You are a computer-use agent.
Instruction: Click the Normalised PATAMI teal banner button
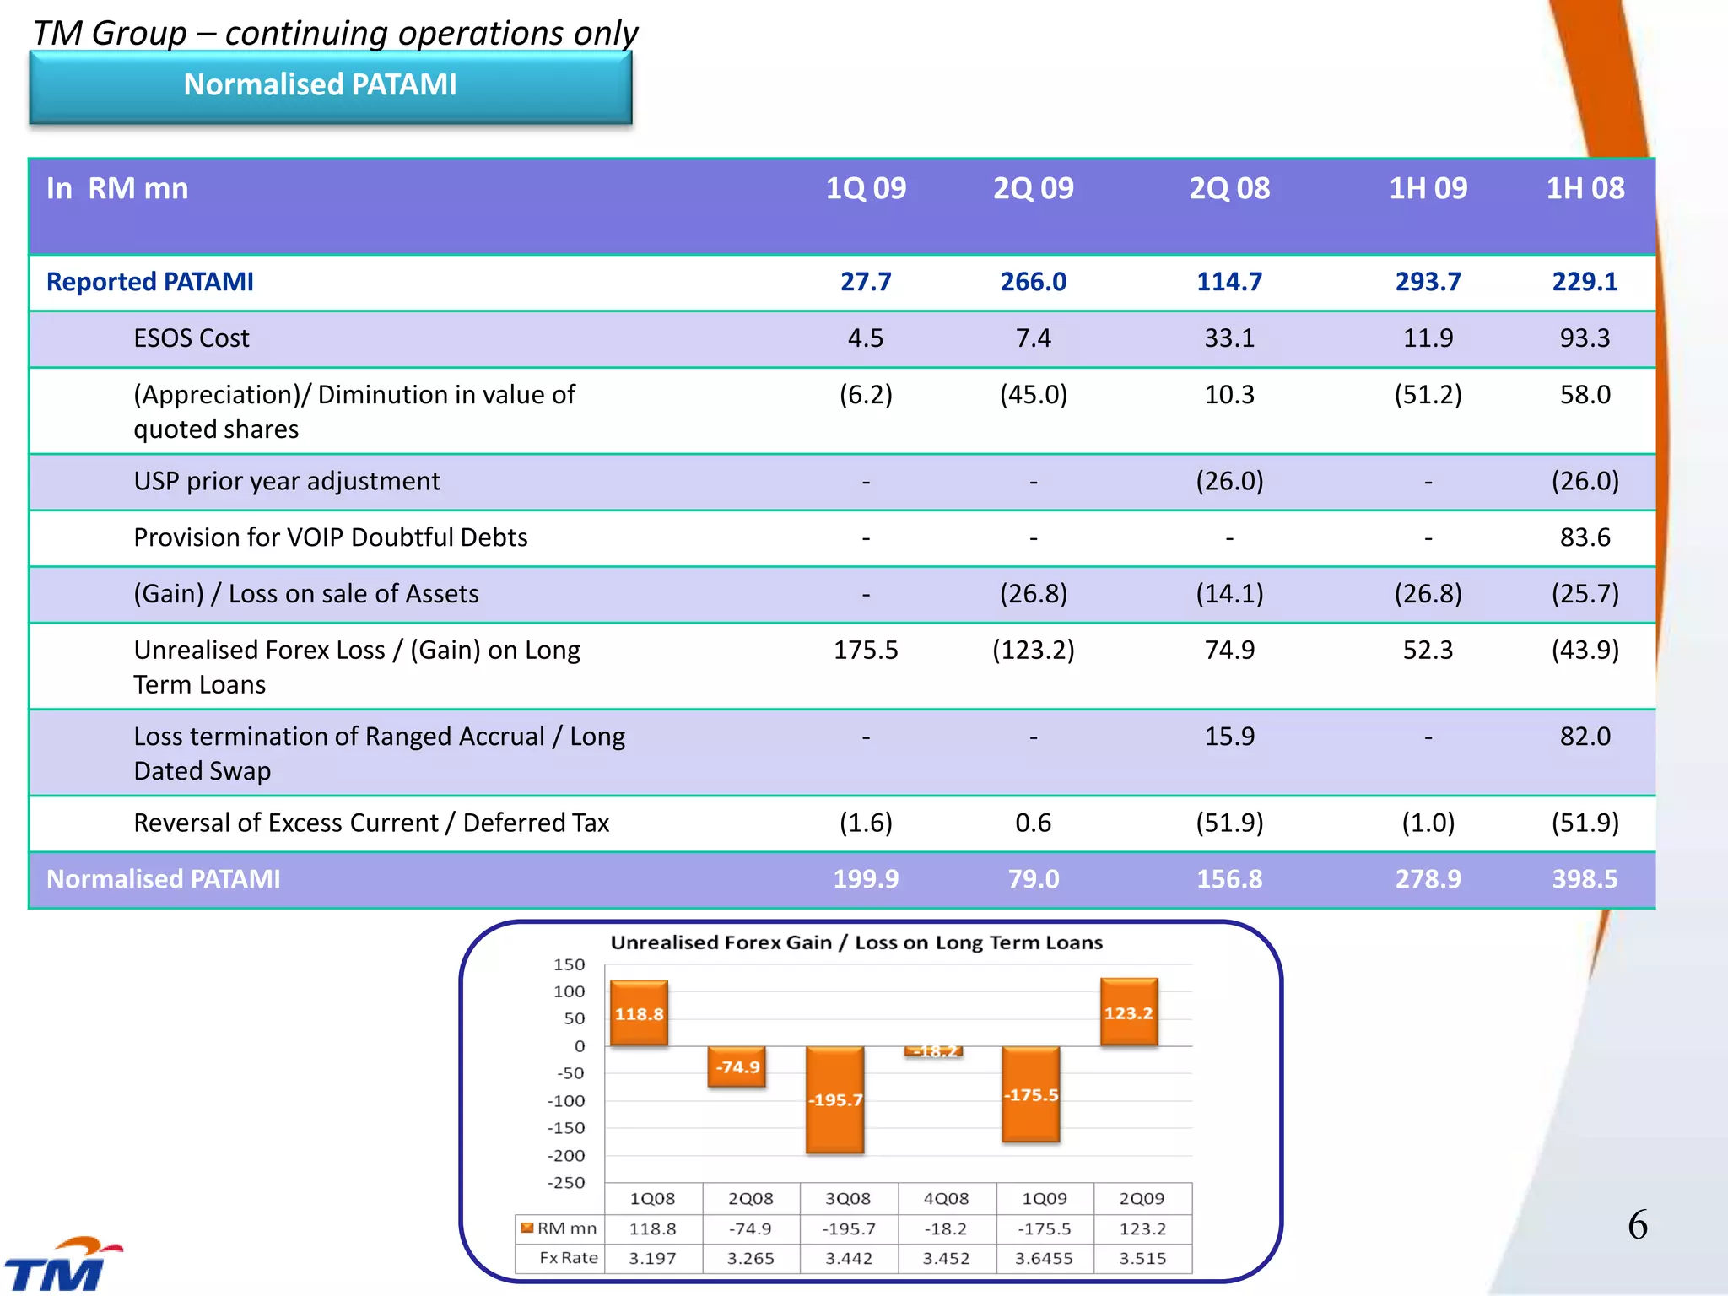[330, 86]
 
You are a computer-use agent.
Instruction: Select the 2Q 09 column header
[1033, 188]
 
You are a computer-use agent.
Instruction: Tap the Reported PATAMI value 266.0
[1033, 282]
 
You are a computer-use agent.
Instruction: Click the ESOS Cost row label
[192, 338]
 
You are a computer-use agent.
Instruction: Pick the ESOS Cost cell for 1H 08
[1585, 338]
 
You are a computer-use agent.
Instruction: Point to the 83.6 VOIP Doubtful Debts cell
[1585, 537]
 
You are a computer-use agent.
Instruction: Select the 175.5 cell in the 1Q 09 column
[866, 651]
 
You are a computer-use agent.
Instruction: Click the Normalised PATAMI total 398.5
[1585, 879]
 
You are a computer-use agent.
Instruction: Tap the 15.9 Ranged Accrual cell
[1229, 737]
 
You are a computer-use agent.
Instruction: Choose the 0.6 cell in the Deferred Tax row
[1033, 823]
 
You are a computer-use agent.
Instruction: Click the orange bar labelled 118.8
[639, 1013]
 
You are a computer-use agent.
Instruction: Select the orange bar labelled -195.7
[834, 1099]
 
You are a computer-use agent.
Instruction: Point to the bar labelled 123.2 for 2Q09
[1128, 1012]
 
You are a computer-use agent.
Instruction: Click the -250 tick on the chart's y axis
[566, 1183]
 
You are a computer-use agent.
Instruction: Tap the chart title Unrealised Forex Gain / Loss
[856, 943]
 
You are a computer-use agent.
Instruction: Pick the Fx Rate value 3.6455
[1044, 1259]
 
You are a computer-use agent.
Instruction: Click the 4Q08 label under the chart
[946, 1199]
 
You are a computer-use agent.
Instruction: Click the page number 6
[1637, 1225]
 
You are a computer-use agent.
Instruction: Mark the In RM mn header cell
[117, 189]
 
